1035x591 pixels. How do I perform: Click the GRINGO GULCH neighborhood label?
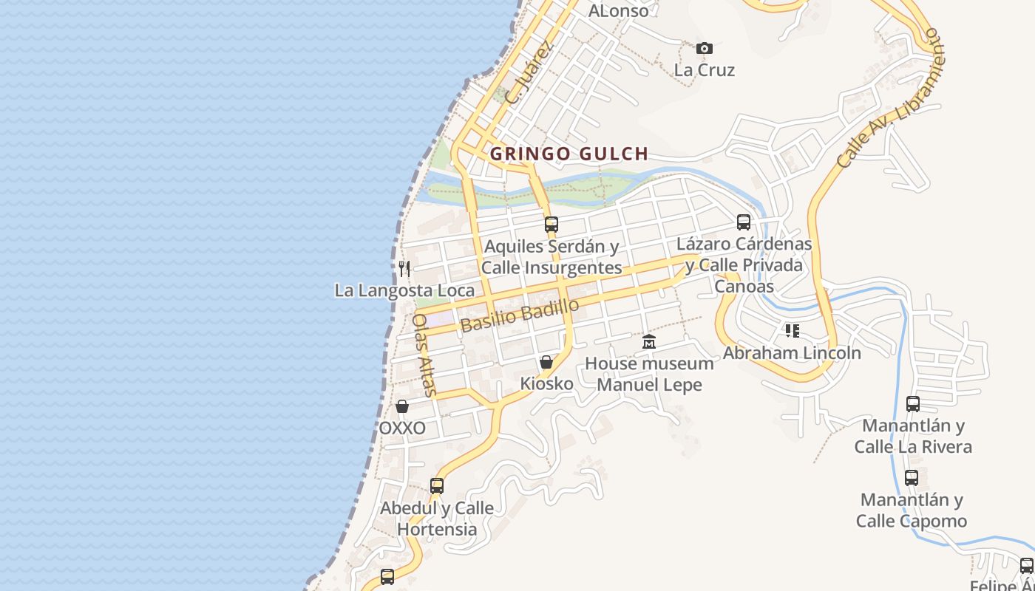569,154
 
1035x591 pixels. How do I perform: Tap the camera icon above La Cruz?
705,48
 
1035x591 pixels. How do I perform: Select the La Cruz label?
705,70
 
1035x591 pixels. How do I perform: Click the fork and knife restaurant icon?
404,268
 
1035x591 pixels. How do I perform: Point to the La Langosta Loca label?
404,290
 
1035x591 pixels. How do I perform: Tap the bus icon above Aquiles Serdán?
552,224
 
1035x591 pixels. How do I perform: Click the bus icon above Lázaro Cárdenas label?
744,222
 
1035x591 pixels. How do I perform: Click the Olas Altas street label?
425,354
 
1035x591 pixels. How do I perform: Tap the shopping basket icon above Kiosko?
546,362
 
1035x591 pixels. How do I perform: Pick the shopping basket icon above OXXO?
402,406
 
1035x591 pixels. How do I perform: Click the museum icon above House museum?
649,341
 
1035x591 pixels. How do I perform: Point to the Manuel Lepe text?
649,385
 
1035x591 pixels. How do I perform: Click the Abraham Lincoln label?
792,353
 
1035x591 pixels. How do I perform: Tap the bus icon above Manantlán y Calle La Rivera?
913,404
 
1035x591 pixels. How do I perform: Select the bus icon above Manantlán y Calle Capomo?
912,478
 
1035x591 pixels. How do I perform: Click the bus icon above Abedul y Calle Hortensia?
437,486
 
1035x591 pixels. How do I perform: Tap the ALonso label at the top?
618,10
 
